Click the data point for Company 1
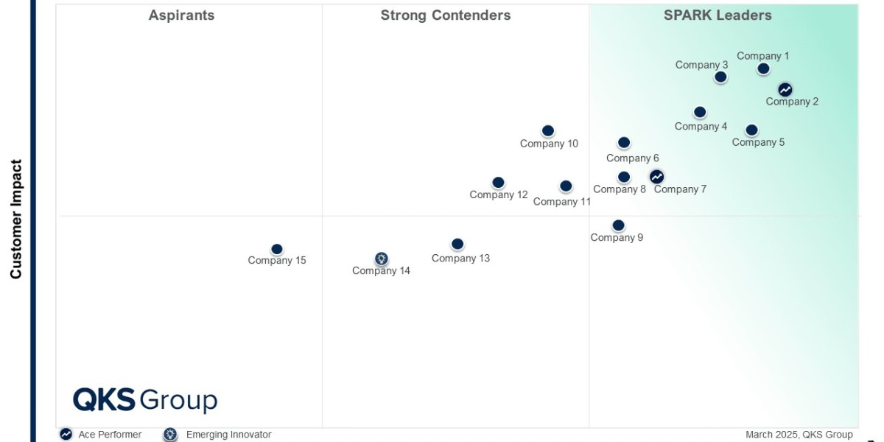(x=763, y=69)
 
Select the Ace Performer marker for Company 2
(x=785, y=90)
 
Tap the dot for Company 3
(x=720, y=77)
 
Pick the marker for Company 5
(x=751, y=130)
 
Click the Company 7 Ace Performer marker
(x=656, y=177)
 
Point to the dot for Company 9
(x=618, y=225)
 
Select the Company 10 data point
(x=548, y=131)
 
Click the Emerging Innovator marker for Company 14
(x=381, y=259)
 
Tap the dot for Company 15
(x=277, y=250)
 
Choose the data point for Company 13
(x=457, y=244)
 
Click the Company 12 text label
(x=499, y=195)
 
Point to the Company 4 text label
(x=701, y=127)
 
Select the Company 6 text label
(x=632, y=158)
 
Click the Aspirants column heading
(x=181, y=15)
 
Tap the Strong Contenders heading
(x=445, y=15)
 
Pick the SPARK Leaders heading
(x=718, y=15)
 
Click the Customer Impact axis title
(x=16, y=220)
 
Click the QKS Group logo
(x=145, y=400)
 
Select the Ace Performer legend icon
(x=66, y=435)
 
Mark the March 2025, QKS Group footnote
(x=799, y=435)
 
